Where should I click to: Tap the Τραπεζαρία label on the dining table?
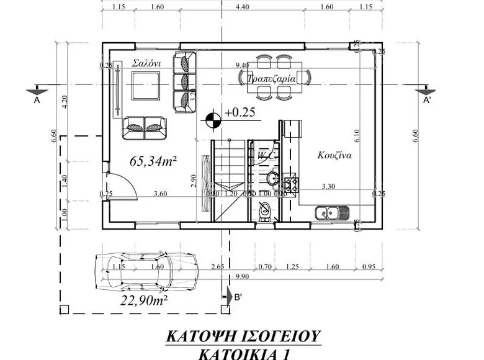click(x=270, y=79)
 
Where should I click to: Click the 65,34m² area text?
click(x=153, y=161)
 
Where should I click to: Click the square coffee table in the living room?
click(x=146, y=85)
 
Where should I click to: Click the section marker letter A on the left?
click(x=37, y=99)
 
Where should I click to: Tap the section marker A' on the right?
click(x=427, y=99)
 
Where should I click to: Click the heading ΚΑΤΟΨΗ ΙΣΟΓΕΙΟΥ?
click(x=243, y=336)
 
